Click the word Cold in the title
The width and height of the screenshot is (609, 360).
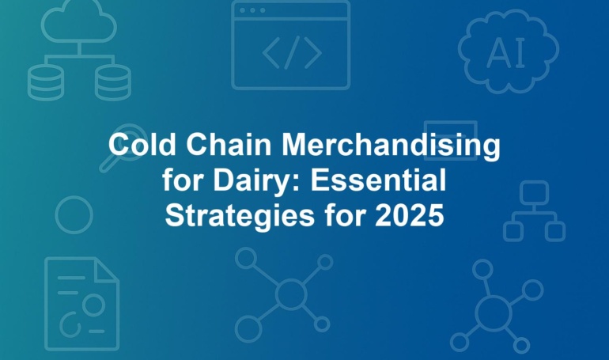142,145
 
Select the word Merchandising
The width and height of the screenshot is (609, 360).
391,147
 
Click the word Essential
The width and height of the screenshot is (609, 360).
378,180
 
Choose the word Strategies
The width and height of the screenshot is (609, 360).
240,217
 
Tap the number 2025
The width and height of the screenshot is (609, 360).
410,215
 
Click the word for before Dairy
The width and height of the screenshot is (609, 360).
183,180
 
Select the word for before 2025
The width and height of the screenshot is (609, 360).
345,215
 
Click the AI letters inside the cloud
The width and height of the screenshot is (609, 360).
505,53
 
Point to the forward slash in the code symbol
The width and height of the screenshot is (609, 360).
291,52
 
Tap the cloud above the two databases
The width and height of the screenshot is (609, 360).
79,21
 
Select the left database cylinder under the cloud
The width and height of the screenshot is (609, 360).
45,82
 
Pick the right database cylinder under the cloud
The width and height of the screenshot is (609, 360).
113,82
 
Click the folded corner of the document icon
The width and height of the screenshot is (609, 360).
107,269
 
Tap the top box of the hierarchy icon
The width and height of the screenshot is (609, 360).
534,192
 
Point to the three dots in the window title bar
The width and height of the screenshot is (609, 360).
252,10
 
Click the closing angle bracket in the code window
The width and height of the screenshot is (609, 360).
313,53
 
